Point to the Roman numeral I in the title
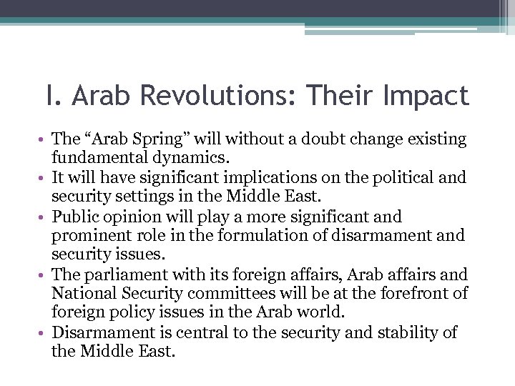point(49,96)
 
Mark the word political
point(413,177)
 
